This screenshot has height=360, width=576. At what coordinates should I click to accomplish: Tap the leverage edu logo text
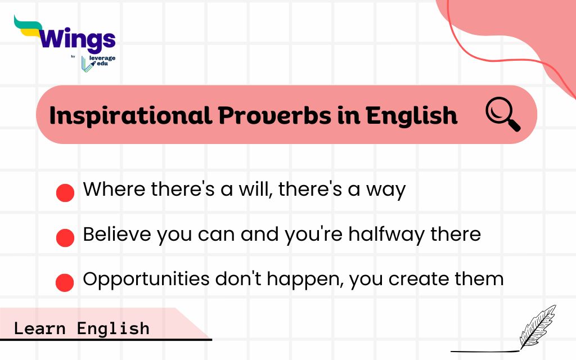point(102,61)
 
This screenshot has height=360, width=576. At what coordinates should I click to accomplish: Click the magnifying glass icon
point(502,114)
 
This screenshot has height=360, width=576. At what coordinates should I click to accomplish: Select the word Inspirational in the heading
point(130,115)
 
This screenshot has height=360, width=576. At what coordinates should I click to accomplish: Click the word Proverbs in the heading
point(274,115)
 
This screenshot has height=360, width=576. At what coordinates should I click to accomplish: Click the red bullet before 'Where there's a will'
point(65,193)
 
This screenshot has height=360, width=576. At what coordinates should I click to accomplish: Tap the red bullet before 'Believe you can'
point(65,238)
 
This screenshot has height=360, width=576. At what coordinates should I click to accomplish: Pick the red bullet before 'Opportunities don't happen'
point(65,282)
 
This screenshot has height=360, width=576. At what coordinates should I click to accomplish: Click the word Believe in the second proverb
point(117,234)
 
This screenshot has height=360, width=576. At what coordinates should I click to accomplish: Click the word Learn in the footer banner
point(40,328)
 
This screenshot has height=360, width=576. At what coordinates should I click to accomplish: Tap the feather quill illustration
point(537,326)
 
